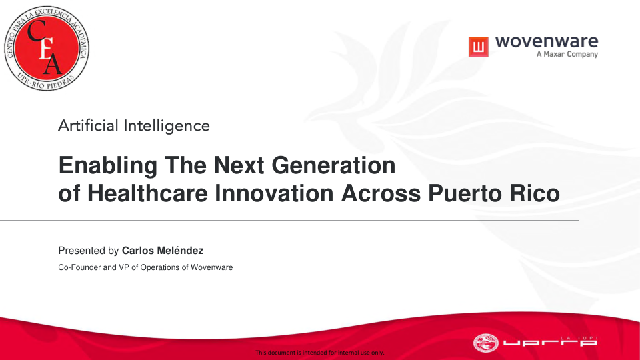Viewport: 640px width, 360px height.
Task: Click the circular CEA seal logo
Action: coord(47,48)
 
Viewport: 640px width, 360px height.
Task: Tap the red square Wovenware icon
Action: coord(479,47)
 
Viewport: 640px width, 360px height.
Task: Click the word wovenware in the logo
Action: coord(547,41)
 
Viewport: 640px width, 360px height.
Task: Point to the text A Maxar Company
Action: coord(567,54)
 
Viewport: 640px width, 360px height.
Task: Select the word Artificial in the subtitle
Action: coord(88,125)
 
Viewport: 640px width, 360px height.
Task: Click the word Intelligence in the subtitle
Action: coord(167,126)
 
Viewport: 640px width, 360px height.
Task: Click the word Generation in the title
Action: coord(333,165)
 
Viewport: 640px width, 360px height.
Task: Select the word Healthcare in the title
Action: coord(147,193)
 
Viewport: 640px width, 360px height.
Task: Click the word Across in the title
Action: coord(381,193)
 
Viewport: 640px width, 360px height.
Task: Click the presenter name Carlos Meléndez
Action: coord(163,251)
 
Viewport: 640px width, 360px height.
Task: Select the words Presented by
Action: coord(88,251)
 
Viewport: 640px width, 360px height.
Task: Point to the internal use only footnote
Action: coord(320,352)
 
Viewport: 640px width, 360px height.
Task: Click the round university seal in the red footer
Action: coord(486,343)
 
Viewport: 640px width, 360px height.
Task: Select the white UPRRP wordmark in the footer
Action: coord(550,342)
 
